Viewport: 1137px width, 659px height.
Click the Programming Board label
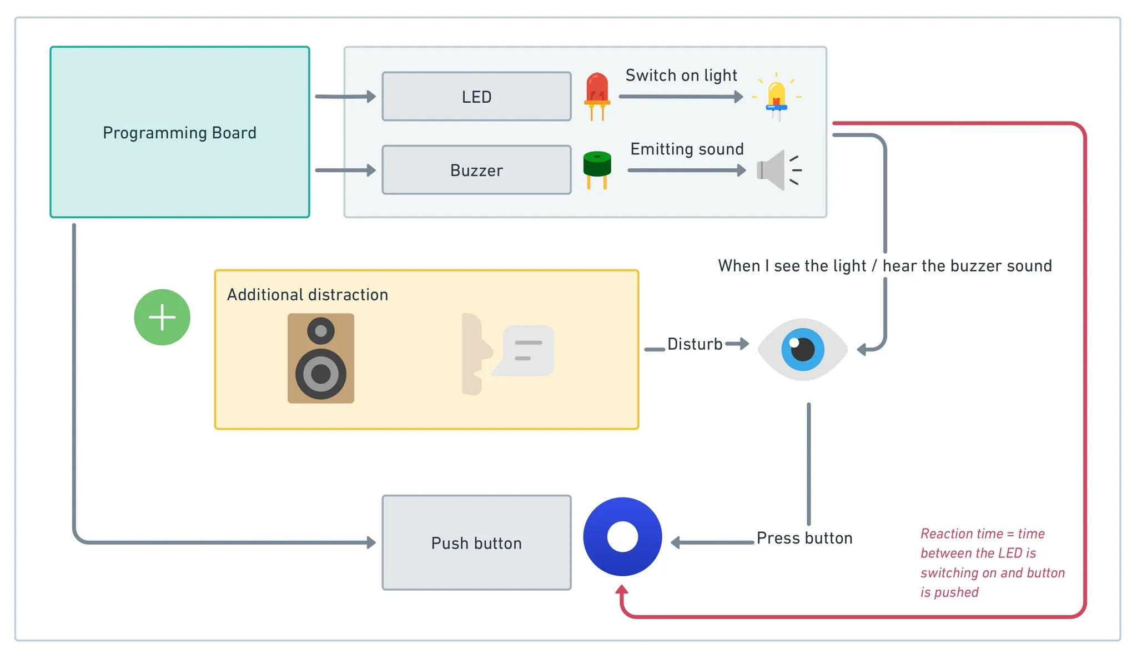coord(179,133)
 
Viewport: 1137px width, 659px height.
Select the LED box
coord(476,97)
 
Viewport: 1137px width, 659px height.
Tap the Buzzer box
coord(476,170)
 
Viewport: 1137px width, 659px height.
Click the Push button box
coord(476,542)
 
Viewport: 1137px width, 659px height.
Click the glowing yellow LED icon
coord(776,98)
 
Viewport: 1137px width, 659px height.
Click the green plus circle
coord(162,317)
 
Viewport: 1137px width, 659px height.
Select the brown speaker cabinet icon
coord(321,358)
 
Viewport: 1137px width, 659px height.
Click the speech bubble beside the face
coord(525,350)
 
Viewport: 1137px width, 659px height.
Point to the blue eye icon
coord(802,349)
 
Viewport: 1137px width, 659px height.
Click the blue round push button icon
coord(622,536)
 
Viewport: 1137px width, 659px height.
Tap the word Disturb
coord(695,344)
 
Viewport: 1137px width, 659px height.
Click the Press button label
coord(804,538)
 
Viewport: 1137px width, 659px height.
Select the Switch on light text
coord(681,76)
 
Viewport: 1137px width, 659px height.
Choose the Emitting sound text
coord(687,149)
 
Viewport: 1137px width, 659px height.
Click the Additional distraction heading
coord(308,295)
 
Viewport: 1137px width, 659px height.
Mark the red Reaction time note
coord(992,562)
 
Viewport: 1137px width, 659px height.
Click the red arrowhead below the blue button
coord(622,591)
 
